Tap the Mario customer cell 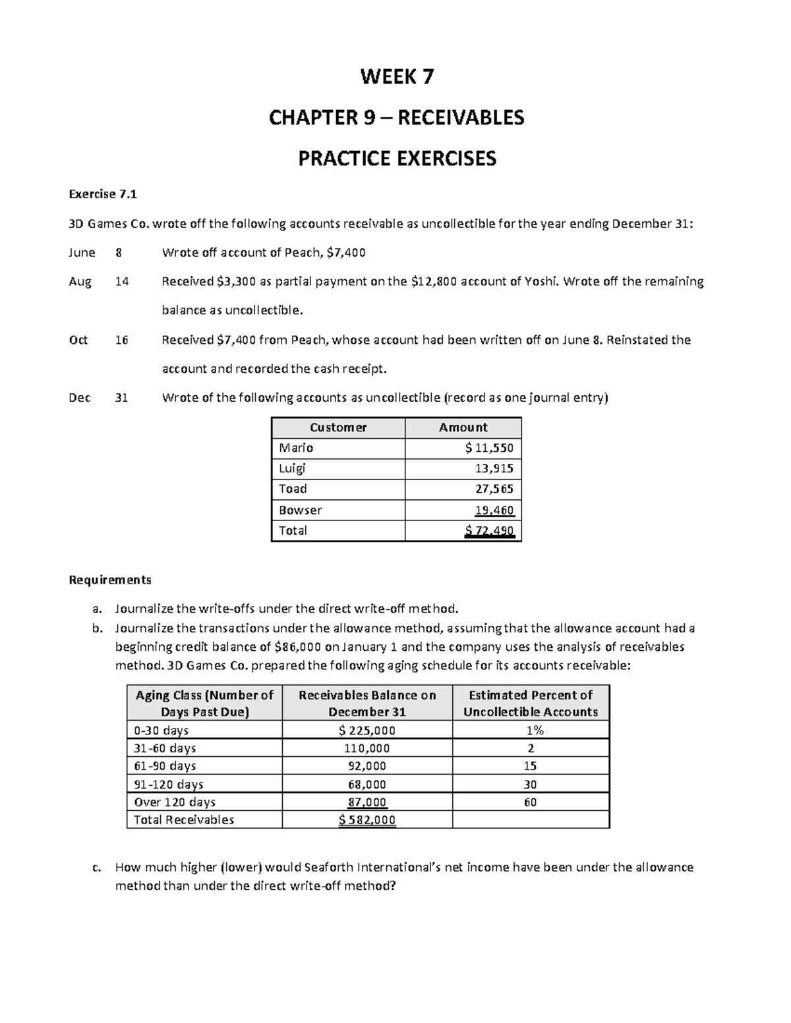tap(296, 448)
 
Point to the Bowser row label tap(300, 510)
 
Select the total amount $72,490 tap(488, 530)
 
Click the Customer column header tap(337, 427)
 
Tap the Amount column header tap(463, 427)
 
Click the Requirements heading tap(110, 580)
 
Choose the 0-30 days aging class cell tap(161, 730)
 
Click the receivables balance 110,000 tap(366, 748)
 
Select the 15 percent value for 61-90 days tap(530, 766)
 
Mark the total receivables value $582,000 tap(366, 819)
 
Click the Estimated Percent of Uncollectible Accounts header tap(530, 703)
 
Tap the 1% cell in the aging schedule tap(530, 730)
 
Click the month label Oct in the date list tap(78, 340)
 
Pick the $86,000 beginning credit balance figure tap(299, 647)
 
